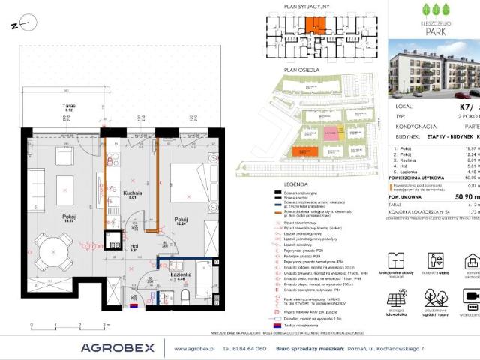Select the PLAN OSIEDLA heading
click(296, 69)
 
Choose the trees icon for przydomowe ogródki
click(434, 298)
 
